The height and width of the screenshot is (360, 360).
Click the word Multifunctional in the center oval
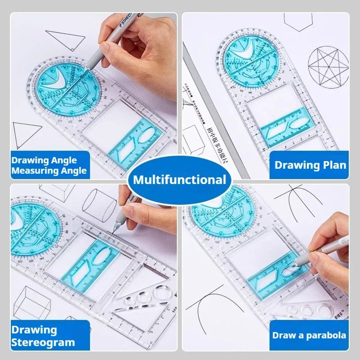180,179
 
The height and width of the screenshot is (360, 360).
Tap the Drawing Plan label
310,165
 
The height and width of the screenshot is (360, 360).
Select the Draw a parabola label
309,336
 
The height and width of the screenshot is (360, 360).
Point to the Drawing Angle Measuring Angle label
49,165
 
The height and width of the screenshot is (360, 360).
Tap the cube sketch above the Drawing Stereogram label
32,302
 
